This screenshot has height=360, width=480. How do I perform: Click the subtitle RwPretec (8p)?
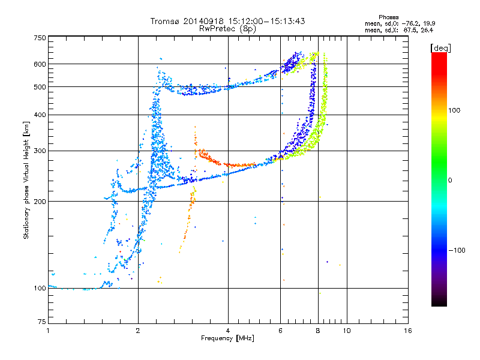click(x=227, y=29)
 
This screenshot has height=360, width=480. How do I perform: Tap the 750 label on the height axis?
click(x=40, y=38)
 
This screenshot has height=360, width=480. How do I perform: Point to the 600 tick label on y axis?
click(x=40, y=64)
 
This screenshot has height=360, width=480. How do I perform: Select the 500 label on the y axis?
click(x=40, y=87)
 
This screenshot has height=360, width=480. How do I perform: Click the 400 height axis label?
click(x=40, y=115)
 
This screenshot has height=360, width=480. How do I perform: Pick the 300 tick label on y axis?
click(x=40, y=151)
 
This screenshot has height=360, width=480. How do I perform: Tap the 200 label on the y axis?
click(x=40, y=202)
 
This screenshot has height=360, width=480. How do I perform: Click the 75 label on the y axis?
click(x=42, y=322)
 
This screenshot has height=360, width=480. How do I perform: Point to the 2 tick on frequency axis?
click(x=138, y=331)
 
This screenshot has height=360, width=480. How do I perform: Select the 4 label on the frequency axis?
click(x=228, y=331)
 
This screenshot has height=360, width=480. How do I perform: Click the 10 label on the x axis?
click(x=347, y=331)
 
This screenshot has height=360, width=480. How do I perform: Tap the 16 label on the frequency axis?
click(x=408, y=331)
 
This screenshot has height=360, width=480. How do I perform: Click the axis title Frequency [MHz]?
click(x=227, y=338)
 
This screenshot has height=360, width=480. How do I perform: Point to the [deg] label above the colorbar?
click(x=440, y=48)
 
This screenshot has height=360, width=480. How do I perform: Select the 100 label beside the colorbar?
click(x=454, y=110)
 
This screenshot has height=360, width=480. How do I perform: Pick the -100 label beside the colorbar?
click(x=457, y=250)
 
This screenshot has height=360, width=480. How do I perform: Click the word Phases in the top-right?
click(x=388, y=17)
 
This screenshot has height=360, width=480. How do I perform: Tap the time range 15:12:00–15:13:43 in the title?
click(x=266, y=21)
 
